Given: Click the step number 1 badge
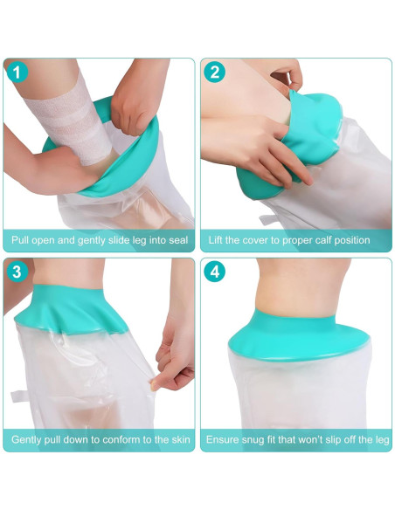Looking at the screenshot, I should pyautogui.click(x=17, y=73).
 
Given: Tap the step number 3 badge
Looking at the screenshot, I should pyautogui.click(x=17, y=272).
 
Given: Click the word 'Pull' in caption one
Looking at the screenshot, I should pyautogui.click(x=22, y=240).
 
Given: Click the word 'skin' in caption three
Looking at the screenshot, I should pyautogui.click(x=178, y=439).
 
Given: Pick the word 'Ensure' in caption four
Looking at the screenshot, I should pyautogui.click(x=225, y=439).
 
